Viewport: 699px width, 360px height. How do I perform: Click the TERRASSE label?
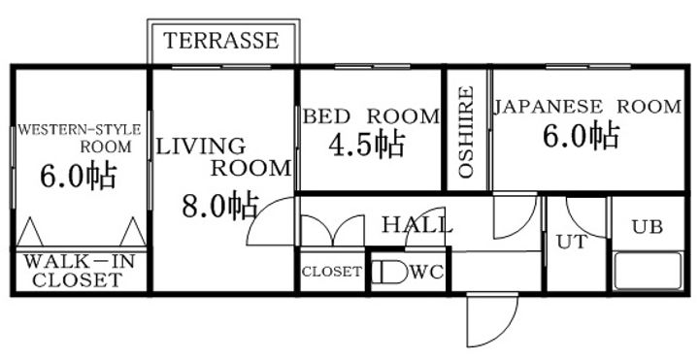click(x=221, y=41)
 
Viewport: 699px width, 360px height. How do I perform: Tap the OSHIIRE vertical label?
click(x=466, y=132)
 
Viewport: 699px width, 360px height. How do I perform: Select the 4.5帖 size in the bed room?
click(x=366, y=144)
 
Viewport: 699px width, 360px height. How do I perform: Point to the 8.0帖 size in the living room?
click(x=219, y=206)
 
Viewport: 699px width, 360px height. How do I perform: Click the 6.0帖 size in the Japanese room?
click(x=581, y=136)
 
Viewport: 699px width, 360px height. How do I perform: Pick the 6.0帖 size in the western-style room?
click(x=79, y=177)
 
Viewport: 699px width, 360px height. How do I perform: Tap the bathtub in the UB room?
click(x=649, y=272)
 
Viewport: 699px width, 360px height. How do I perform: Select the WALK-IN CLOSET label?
click(x=79, y=271)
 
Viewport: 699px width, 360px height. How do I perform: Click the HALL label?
click(x=417, y=225)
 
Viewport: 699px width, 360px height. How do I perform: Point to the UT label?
click(x=572, y=243)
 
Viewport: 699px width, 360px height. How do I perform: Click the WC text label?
click(x=426, y=272)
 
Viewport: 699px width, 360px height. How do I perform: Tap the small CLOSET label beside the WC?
click(x=332, y=272)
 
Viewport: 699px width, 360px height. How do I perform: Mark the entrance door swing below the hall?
click(x=492, y=320)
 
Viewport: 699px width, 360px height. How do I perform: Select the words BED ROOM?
click(x=371, y=116)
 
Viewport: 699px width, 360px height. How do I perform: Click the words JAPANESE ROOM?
click(x=587, y=107)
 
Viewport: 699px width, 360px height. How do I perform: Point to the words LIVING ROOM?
click(x=223, y=157)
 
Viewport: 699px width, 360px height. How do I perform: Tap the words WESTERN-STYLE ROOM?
click(x=80, y=138)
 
